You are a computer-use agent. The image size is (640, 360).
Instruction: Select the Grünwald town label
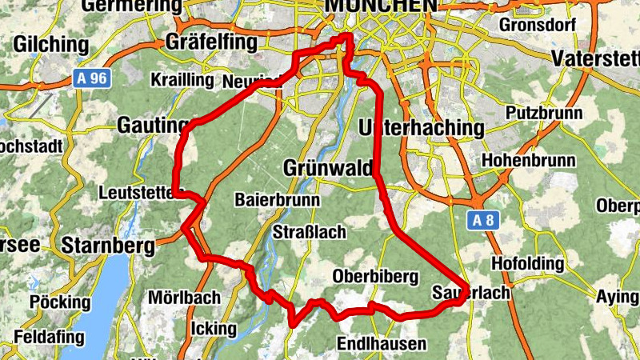(329, 168)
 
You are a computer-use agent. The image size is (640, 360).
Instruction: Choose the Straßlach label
(310, 233)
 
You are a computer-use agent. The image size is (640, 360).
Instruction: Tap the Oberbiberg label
(375, 277)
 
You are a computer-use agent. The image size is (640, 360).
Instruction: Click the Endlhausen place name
(382, 344)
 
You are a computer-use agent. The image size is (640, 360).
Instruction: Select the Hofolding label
(529, 263)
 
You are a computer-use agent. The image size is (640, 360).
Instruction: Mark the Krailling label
(182, 80)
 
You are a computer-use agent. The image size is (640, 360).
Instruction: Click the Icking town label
(214, 328)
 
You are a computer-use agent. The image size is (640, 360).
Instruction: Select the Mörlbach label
(183, 298)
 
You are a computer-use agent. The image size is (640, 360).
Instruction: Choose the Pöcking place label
(61, 302)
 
